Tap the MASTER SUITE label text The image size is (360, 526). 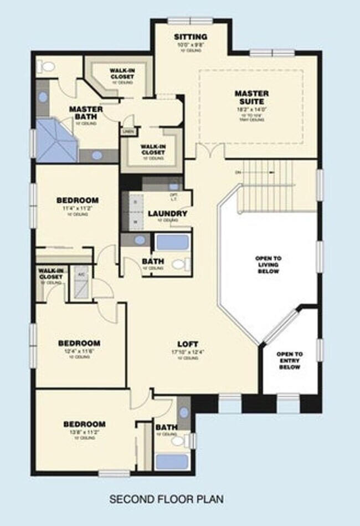[251, 98]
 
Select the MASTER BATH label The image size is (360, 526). [86, 113]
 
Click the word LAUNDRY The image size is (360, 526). [167, 213]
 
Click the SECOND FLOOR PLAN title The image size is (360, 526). [166, 499]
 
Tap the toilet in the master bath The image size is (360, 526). [47, 67]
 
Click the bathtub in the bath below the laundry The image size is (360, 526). [171, 243]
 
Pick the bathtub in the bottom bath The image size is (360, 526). [172, 461]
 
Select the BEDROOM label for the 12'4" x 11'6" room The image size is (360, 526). [79, 343]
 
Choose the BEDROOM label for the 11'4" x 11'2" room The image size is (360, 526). [78, 200]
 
